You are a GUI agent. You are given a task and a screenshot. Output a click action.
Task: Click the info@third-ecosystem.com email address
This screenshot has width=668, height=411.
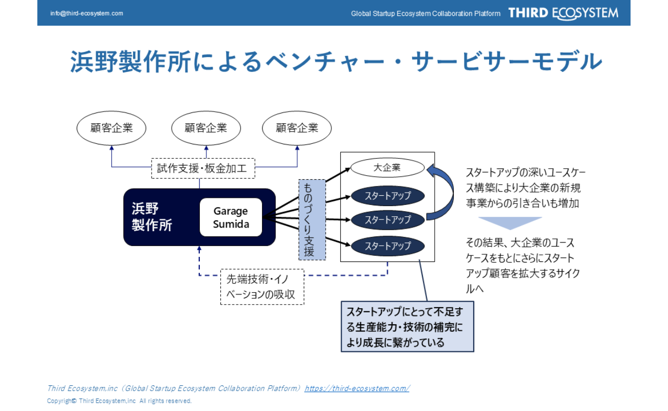coord(86,13)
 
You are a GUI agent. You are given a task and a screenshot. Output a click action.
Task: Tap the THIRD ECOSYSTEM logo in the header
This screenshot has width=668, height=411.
coord(563,13)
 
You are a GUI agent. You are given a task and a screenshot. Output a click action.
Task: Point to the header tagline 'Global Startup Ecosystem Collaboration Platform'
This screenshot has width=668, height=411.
coord(425,14)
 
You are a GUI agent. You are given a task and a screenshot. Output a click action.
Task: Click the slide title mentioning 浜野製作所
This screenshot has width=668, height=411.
coord(336,62)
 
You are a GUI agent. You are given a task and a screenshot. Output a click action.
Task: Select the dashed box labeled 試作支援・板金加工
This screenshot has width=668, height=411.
coord(203,168)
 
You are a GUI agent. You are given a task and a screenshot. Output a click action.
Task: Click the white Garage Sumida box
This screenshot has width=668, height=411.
coord(231,217)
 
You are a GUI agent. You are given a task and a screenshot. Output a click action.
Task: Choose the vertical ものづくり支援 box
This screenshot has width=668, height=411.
coord(312,219)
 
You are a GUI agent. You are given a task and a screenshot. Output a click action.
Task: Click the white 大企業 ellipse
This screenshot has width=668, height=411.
coord(387,167)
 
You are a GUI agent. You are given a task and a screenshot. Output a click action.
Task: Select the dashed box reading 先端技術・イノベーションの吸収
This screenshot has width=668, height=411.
coord(262,287)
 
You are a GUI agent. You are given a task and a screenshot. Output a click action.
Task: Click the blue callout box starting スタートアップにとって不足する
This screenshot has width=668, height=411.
coord(407,327)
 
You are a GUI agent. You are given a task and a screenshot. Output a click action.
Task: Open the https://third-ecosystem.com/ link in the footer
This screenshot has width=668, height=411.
coord(357,388)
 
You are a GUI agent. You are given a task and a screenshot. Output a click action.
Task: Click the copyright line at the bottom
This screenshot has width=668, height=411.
coord(119,401)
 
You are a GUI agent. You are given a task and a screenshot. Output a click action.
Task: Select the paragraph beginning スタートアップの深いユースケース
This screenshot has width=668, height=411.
coord(525,188)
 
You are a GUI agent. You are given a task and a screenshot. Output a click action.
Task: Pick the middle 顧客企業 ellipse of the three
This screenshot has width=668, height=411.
coord(206,128)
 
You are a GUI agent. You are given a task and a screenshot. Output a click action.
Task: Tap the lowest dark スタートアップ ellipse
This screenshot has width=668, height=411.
coord(387,246)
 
